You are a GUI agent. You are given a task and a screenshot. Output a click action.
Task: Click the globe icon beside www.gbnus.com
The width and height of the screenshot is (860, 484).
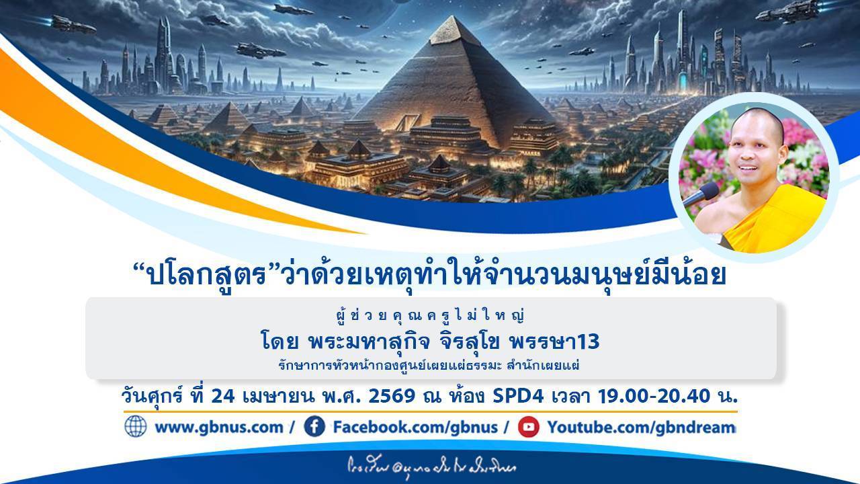[x=135, y=427]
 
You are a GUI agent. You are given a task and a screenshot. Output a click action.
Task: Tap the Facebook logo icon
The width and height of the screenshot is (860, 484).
[x=314, y=427]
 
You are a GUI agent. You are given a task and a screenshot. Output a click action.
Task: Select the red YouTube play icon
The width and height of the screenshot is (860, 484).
[x=529, y=427]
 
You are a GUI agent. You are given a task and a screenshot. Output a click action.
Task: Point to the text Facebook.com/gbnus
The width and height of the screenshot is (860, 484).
[x=415, y=428]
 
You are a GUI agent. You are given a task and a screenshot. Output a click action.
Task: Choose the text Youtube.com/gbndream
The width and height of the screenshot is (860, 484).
[x=641, y=428]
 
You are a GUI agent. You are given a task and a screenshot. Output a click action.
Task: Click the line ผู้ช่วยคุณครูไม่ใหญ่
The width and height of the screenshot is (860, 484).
[x=431, y=315]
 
